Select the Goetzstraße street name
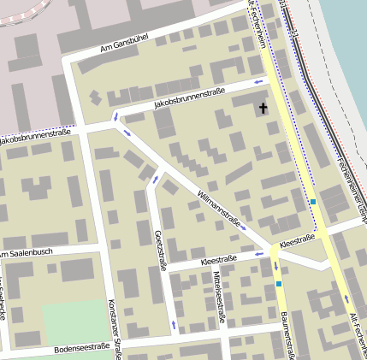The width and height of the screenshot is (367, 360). click(160, 249)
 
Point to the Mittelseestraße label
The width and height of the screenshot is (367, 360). click(218, 293)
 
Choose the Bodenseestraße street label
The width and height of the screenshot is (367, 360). click(80, 349)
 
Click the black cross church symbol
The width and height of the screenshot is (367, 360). click(263, 109)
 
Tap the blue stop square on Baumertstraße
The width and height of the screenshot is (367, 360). click(279, 283)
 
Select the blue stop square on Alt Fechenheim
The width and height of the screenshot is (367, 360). click(313, 202)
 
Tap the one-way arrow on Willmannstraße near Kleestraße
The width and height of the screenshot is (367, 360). click(244, 227)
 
